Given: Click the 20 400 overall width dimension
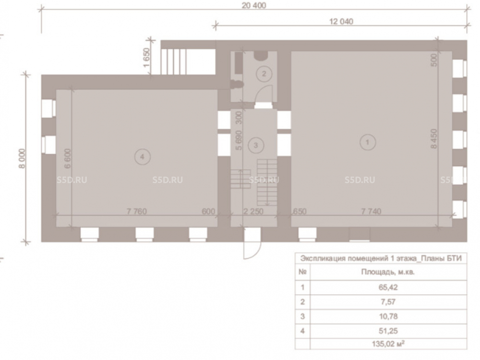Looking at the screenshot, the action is (x=254, y=5).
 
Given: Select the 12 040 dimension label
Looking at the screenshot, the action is (x=341, y=22).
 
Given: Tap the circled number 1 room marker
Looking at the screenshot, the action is (x=367, y=142).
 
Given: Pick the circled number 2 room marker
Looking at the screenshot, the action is (x=264, y=73).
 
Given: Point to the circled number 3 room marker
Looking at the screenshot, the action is (x=256, y=145).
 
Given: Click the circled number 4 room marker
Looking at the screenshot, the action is (x=142, y=157).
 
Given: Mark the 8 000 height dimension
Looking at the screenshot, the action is (x=22, y=158).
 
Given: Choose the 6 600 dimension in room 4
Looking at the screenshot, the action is (x=68, y=158).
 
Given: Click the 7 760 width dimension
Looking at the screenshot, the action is (x=136, y=211).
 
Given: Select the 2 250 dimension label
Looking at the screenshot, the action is (x=253, y=211).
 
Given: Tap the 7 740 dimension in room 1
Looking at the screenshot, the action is (x=371, y=211).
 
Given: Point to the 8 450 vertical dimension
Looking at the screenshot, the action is (x=434, y=139).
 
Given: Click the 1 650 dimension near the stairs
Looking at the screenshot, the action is (x=146, y=58).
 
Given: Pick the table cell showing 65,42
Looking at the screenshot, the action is (x=388, y=287).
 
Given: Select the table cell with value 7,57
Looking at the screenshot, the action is (x=388, y=302).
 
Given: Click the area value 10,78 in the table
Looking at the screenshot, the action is (x=388, y=316).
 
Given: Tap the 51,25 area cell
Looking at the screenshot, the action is (x=388, y=331).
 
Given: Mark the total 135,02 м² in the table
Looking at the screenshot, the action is (x=388, y=344).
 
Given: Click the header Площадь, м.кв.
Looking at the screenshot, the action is (x=388, y=272).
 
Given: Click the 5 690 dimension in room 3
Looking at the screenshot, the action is (x=239, y=141).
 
